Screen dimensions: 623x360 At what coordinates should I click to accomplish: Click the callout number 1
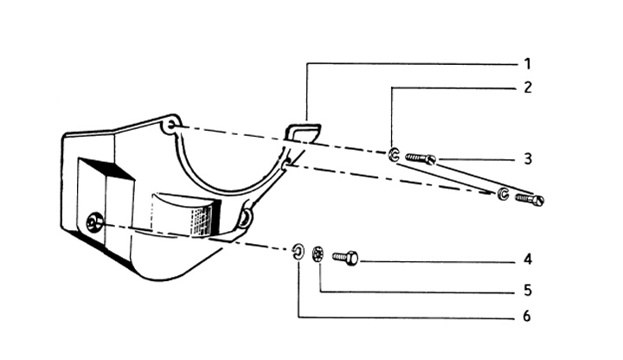(x=527, y=63)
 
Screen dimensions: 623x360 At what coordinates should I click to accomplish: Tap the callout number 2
(x=527, y=87)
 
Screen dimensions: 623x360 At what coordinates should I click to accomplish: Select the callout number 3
(x=527, y=159)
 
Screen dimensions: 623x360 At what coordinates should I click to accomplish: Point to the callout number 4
(x=527, y=259)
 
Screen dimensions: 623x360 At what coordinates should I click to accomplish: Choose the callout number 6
(x=527, y=316)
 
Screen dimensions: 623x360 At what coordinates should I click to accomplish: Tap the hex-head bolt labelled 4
(x=345, y=257)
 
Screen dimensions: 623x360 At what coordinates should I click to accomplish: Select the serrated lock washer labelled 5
(x=318, y=254)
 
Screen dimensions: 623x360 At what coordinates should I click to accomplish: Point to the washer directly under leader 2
(x=393, y=155)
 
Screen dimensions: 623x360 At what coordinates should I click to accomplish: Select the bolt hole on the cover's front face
(x=93, y=225)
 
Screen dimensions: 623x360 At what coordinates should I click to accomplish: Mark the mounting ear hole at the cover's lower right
(x=245, y=220)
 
